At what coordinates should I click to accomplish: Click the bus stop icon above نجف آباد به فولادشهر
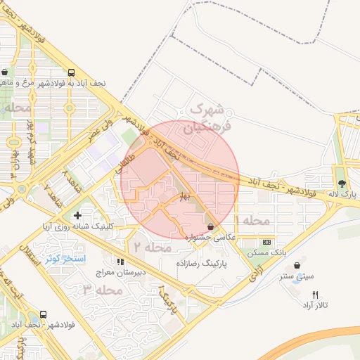71,72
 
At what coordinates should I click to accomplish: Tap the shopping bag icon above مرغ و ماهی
6,72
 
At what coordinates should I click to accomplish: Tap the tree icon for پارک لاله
342,184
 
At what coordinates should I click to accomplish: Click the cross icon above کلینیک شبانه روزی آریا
77,214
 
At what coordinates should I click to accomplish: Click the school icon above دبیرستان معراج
121,262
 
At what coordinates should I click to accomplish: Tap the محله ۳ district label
98,290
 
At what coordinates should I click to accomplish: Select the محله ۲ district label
150,247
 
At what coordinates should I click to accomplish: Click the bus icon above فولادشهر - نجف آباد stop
44,315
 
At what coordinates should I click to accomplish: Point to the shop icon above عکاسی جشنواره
212,226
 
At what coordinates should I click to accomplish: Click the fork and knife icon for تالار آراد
314,295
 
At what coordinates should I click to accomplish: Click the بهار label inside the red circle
184,194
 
